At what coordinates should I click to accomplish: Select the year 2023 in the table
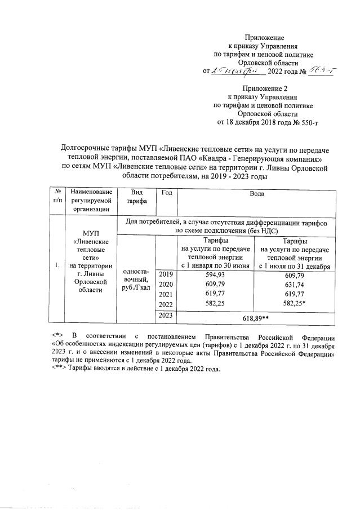tap(166, 316)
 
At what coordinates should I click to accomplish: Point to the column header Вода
tap(257, 193)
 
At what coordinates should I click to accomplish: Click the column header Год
tap(166, 193)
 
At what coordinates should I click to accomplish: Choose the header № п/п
tap(57, 197)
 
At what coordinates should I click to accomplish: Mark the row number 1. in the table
tap(57, 264)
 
